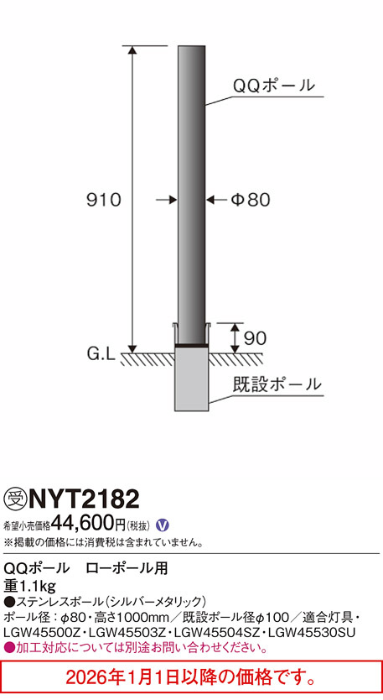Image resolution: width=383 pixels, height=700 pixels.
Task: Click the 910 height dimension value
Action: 105,200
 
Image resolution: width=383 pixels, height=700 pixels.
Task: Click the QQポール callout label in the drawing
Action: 273,86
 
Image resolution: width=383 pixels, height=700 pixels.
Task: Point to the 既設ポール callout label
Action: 276,385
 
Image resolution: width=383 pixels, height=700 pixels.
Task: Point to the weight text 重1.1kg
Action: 29,585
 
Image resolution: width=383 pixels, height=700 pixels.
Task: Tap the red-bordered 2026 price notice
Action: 191,677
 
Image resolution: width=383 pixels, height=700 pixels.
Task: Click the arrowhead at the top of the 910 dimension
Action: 132,51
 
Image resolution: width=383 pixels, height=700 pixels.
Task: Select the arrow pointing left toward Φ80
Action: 215,200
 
